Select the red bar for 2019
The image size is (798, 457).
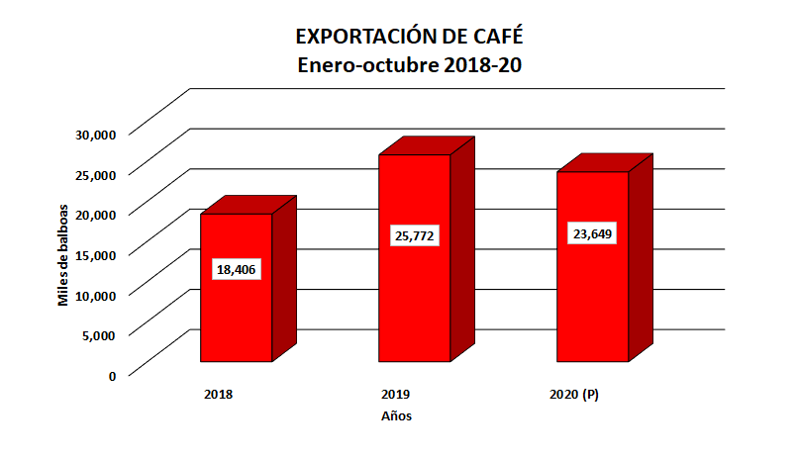tap(415, 297)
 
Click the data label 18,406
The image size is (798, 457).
tap(236, 269)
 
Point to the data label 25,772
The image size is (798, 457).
tap(415, 236)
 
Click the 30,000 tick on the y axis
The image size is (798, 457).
tap(97, 134)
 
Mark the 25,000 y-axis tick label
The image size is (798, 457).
tap(97, 174)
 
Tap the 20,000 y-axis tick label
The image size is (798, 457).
tap(97, 214)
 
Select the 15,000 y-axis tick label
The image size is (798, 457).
tap(97, 254)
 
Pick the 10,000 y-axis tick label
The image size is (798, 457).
tap(97, 294)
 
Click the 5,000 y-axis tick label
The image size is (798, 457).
tap(101, 334)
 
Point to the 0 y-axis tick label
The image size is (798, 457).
tap(112, 375)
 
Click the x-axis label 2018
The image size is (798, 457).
tap(218, 395)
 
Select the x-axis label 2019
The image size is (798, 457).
tap(396, 395)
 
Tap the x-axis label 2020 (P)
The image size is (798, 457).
tap(574, 395)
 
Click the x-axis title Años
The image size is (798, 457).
tap(396, 416)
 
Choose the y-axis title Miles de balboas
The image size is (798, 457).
tap(62, 255)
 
